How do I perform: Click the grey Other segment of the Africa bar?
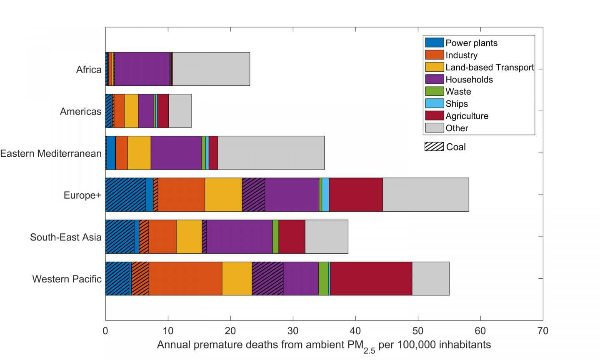[x=211, y=69]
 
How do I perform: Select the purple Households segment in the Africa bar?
[x=142, y=69]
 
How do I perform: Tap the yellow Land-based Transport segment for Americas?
[x=131, y=111]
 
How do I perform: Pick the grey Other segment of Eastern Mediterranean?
[x=271, y=153]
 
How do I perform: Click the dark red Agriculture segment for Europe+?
[x=356, y=195]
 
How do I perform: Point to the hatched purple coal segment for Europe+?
[x=253, y=195]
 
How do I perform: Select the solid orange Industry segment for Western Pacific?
[x=185, y=278]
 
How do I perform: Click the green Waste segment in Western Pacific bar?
[x=323, y=278]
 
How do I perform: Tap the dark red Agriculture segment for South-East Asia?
[x=292, y=237]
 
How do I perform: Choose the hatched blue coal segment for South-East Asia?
[x=120, y=237]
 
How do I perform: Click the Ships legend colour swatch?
[x=434, y=104]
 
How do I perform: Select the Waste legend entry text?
[x=458, y=92]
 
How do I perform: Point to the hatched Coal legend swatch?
[x=434, y=147]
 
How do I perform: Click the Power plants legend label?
[x=471, y=43]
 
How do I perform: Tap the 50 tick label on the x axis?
[x=417, y=331]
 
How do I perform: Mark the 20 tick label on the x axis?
[x=230, y=331]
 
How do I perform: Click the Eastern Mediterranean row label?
[x=51, y=153]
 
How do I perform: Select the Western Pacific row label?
[x=67, y=279]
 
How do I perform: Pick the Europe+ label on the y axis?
[x=82, y=195]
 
